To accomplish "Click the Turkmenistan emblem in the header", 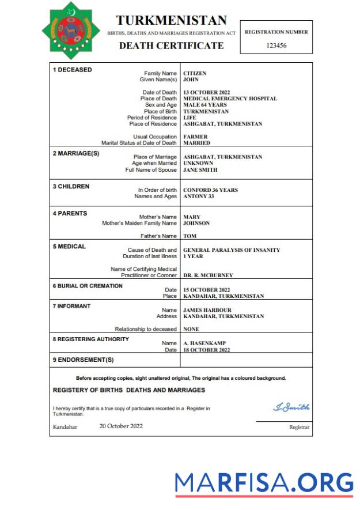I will (71, 31).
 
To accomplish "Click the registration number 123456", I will (276, 46).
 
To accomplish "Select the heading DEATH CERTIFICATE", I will (171, 46).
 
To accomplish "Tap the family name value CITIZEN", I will (195, 74).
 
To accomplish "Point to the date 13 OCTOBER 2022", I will (207, 92).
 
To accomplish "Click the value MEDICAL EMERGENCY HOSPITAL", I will (230, 99).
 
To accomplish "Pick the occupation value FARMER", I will (195, 137).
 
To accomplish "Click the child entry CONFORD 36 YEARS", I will (210, 190).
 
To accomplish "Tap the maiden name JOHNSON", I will (196, 223).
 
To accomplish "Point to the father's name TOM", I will (189, 236).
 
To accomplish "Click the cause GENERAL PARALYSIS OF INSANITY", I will (232, 250).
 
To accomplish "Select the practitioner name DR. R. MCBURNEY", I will (208, 275).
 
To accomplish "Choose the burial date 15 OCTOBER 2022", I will (207, 289).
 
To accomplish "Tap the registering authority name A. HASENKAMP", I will (205, 343).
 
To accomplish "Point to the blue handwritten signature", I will (291, 407).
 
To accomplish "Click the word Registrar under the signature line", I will (299, 427).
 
